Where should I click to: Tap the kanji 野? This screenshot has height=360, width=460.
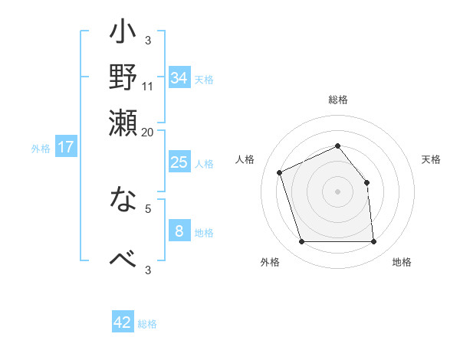pyautogui.click(x=123, y=78)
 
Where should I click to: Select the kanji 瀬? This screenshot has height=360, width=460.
pyautogui.click(x=123, y=123)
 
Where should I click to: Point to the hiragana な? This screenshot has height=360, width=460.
pyautogui.click(x=123, y=201)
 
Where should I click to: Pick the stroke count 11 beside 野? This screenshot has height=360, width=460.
pyautogui.click(x=148, y=86)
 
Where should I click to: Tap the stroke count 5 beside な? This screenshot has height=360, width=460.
pyautogui.click(x=148, y=208)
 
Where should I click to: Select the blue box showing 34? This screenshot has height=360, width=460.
pyautogui.click(x=179, y=78)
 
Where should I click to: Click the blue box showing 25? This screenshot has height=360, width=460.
pyautogui.click(x=179, y=162)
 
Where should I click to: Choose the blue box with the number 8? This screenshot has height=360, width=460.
pyautogui.click(x=179, y=231)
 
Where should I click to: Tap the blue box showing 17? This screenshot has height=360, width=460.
pyautogui.click(x=66, y=147)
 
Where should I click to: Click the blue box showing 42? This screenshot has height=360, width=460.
pyautogui.click(x=123, y=322)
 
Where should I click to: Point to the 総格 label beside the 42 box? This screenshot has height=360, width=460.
pyautogui.click(x=147, y=324)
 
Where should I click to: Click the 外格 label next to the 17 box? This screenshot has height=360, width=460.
pyautogui.click(x=41, y=149)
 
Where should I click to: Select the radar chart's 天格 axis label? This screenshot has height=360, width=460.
pyautogui.click(x=431, y=159)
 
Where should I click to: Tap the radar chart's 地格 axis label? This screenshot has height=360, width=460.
pyautogui.click(x=402, y=263)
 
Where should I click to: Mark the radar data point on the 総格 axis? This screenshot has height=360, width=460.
pyautogui.click(x=337, y=146)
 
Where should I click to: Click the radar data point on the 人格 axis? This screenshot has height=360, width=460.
pyautogui.click(x=280, y=172)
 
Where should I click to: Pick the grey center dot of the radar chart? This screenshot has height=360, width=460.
pyautogui.click(x=337, y=191)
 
